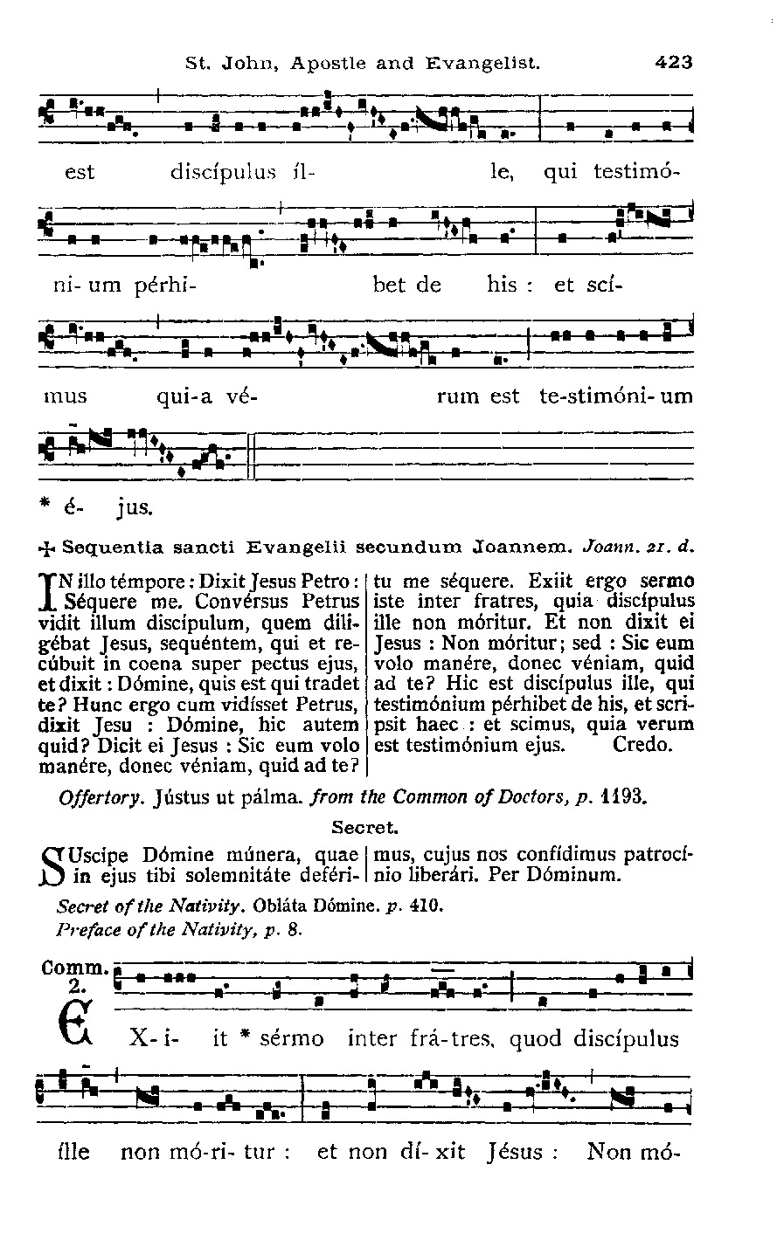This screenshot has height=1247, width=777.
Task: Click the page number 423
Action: click(672, 63)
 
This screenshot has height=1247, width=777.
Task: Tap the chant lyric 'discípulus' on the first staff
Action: click(223, 172)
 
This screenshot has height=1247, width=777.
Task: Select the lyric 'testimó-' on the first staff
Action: click(635, 172)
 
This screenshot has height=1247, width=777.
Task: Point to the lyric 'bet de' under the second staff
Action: click(406, 285)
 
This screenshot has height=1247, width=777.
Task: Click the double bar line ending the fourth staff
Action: click(250, 456)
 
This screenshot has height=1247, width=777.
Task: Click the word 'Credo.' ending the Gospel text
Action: click(642, 746)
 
